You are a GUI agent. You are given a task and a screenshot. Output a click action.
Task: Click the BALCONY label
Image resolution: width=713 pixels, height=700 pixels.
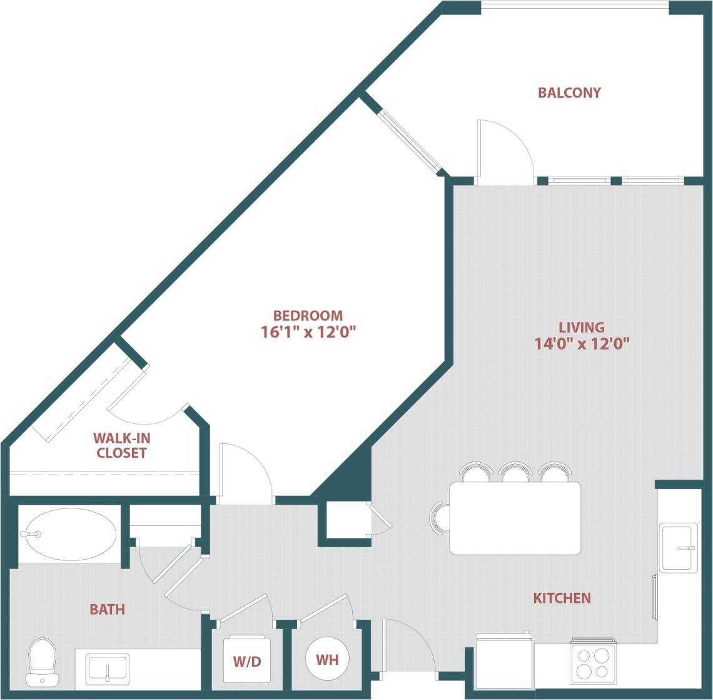coord(569,93)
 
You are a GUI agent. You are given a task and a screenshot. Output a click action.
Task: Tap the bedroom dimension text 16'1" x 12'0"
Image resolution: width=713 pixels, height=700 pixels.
coord(308,332)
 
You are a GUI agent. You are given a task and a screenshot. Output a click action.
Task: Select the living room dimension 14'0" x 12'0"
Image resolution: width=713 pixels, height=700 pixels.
coord(582,343)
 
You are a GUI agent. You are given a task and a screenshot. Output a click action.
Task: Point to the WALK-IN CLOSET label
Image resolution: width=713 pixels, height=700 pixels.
coord(121,445)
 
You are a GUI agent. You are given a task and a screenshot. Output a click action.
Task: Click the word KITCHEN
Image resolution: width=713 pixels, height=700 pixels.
coord(562,598)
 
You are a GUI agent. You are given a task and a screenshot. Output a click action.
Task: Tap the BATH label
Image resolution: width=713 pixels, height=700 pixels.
coord(107,609)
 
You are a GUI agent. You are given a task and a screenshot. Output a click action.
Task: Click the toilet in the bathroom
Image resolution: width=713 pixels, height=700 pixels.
coord(43,662)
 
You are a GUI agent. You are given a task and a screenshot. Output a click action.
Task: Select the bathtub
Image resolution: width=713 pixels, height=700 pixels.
coord(69,534)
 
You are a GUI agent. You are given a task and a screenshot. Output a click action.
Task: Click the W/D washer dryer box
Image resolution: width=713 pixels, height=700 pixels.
coord(248,661)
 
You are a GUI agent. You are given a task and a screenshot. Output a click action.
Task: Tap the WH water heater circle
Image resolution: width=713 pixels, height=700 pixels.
coord(328,659)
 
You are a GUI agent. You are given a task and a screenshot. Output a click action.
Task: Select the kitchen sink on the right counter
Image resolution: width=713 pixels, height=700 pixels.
coord(678,547)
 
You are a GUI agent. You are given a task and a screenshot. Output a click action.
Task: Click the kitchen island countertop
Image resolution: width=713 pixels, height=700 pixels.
coord(515,518)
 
